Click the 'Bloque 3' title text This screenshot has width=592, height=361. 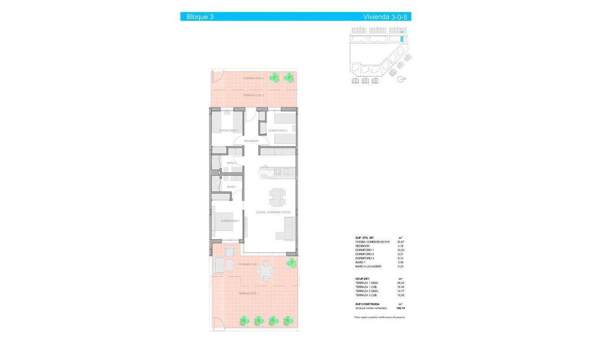click(199, 17)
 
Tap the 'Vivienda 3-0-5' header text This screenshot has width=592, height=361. click(386, 17)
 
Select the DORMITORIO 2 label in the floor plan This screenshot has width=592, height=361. click(228, 131)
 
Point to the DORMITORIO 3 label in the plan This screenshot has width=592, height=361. click(278, 131)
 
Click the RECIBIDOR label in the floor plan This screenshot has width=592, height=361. click(251, 141)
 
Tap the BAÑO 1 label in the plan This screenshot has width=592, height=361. click(232, 187)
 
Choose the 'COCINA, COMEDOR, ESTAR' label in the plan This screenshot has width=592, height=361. click(273, 212)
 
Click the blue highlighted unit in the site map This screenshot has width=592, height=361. click(402, 39)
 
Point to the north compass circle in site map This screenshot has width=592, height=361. click(400, 80)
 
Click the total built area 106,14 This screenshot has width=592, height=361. click(401, 308)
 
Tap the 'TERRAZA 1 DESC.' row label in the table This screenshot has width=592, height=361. click(367, 283)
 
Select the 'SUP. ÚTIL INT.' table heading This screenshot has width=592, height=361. click(365, 238)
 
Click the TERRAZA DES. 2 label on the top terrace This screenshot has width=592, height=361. click(253, 78)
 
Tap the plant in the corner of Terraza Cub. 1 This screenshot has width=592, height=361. click(291, 262)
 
